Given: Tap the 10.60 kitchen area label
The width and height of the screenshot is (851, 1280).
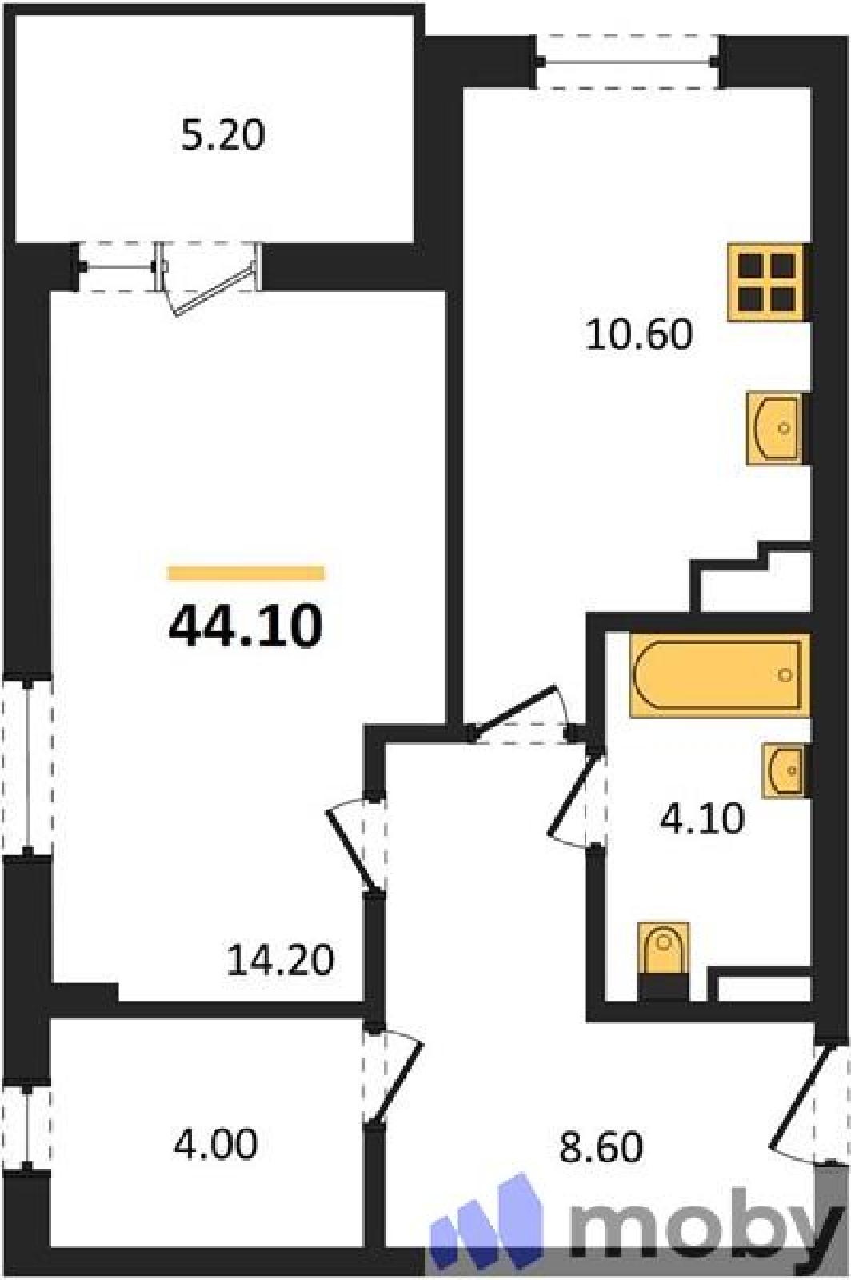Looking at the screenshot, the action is click(x=639, y=334).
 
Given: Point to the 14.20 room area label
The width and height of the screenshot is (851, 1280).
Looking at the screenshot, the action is click(x=280, y=960).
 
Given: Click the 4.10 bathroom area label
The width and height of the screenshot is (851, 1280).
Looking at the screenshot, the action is click(x=702, y=819).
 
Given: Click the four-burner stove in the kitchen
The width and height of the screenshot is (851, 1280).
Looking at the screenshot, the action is click(x=769, y=283).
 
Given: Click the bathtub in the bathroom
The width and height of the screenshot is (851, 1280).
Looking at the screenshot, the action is click(x=720, y=675).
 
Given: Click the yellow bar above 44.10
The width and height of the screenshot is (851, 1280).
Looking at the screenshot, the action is click(x=246, y=573).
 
